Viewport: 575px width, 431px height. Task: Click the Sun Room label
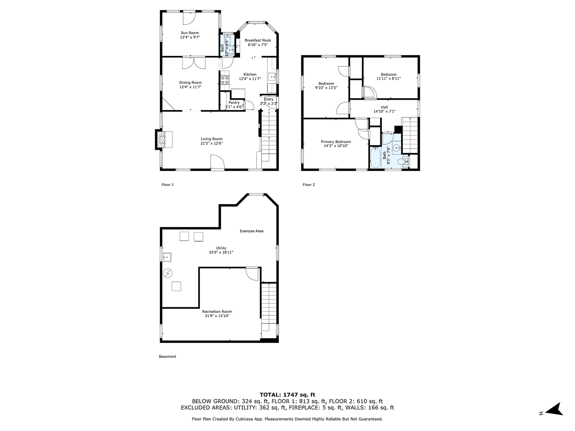tap(189, 33)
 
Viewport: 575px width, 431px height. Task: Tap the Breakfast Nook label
tap(258, 40)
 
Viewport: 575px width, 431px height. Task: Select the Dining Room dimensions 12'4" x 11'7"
tap(190, 87)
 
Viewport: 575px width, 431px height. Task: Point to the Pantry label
tap(234, 102)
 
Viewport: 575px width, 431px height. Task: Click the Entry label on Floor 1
tap(268, 99)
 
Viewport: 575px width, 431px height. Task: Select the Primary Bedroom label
tap(335, 142)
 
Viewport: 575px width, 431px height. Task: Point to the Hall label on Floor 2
tap(384, 107)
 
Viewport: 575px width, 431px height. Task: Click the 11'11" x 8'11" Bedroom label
tap(388, 74)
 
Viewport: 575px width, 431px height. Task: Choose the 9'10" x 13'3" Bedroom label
tap(326, 83)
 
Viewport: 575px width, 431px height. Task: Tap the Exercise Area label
tap(252, 231)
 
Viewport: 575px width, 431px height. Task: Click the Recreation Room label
tap(217, 311)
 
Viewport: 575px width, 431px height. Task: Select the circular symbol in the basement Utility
tap(167, 273)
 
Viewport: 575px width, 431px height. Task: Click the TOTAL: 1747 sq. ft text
tap(287, 394)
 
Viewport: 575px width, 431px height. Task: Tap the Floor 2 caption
tap(308, 184)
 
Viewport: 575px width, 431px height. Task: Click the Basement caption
tap(167, 356)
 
